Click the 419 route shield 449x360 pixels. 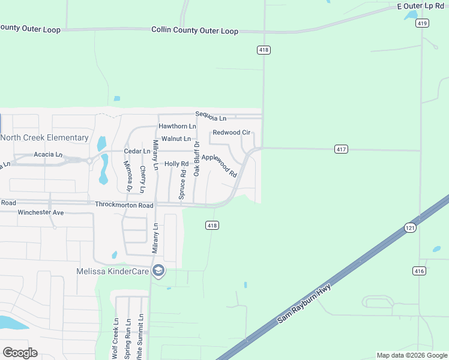422,23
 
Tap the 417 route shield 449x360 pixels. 342,149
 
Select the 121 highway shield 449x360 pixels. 410,228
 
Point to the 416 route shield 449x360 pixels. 420,271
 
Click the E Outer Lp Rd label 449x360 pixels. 420,6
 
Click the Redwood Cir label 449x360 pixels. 231,132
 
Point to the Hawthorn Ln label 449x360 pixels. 177,127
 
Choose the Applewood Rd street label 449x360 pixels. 220,165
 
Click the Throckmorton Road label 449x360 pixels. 124,205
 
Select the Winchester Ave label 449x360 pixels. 41,212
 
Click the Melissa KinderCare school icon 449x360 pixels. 158,271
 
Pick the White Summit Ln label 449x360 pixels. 140,336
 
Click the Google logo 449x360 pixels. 20,353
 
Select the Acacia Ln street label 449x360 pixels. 47,154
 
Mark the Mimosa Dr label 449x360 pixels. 128,175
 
